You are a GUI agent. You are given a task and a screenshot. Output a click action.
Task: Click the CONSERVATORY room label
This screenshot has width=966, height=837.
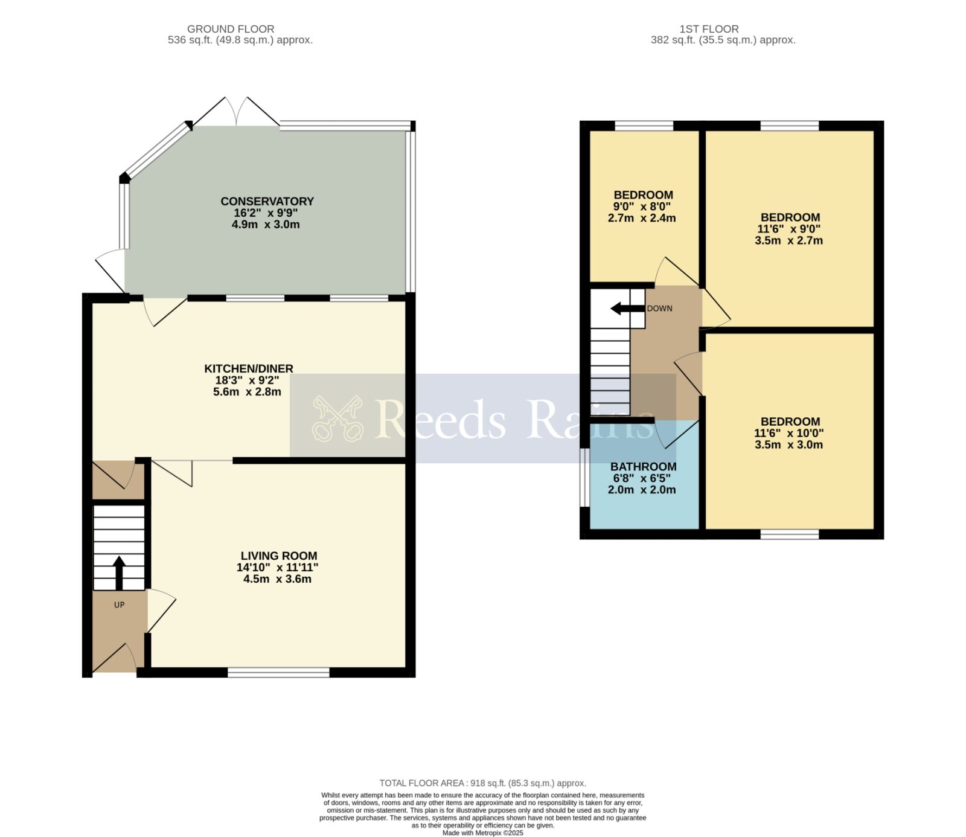(267, 201)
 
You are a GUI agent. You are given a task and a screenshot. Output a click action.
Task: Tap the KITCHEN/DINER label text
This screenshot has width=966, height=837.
(249, 368)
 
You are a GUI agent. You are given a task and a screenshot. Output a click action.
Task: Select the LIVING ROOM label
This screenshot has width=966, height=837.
(279, 556)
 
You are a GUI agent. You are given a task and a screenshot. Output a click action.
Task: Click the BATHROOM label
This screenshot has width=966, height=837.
(643, 467)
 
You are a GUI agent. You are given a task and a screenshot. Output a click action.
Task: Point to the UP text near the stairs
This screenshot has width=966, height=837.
(120, 604)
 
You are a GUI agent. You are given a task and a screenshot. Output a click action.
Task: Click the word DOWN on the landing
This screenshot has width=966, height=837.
(659, 309)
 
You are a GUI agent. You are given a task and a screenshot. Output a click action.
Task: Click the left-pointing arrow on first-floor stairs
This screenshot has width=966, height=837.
(627, 309)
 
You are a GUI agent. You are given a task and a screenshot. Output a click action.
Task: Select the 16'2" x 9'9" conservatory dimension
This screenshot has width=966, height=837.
(266, 213)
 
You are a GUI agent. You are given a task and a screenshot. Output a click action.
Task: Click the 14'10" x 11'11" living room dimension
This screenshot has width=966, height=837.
(278, 568)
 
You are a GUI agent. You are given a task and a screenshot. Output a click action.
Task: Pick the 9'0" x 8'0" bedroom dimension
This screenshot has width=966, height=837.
(642, 207)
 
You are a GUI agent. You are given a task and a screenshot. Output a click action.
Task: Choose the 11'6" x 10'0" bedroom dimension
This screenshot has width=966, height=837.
(789, 433)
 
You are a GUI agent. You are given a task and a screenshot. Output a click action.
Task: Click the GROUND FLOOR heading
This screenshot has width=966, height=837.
(231, 29)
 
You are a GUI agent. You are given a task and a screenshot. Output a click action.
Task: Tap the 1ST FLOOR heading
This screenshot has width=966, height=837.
(709, 29)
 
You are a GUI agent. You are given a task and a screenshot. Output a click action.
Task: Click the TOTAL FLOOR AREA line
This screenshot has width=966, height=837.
(483, 783)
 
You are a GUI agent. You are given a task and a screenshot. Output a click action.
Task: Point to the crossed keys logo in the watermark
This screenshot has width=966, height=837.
(337, 418)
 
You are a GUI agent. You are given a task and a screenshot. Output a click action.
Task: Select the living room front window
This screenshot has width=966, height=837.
(279, 672)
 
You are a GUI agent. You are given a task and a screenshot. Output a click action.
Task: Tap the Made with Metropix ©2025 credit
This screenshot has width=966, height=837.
(483, 833)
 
